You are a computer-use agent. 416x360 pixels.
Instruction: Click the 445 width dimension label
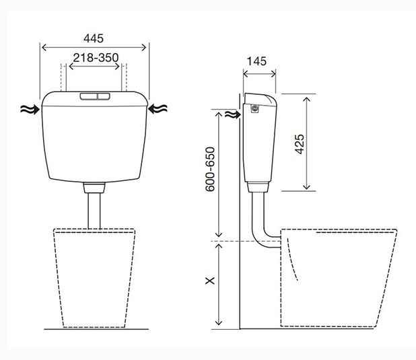click(x=94, y=38)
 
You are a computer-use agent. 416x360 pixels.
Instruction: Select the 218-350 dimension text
click(x=96, y=58)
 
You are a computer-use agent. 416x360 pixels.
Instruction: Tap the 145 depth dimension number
click(x=256, y=61)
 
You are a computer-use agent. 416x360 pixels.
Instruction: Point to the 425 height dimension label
click(x=300, y=144)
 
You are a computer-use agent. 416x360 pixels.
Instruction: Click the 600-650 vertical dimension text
click(x=211, y=169)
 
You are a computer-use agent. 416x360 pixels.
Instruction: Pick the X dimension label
click(x=210, y=281)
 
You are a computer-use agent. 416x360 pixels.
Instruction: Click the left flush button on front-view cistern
click(x=89, y=96)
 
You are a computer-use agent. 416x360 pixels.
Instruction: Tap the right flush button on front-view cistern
click(x=104, y=96)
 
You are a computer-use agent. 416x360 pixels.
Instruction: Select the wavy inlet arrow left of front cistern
click(x=30, y=109)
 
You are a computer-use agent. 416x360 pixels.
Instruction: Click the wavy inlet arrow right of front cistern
click(x=158, y=109)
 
